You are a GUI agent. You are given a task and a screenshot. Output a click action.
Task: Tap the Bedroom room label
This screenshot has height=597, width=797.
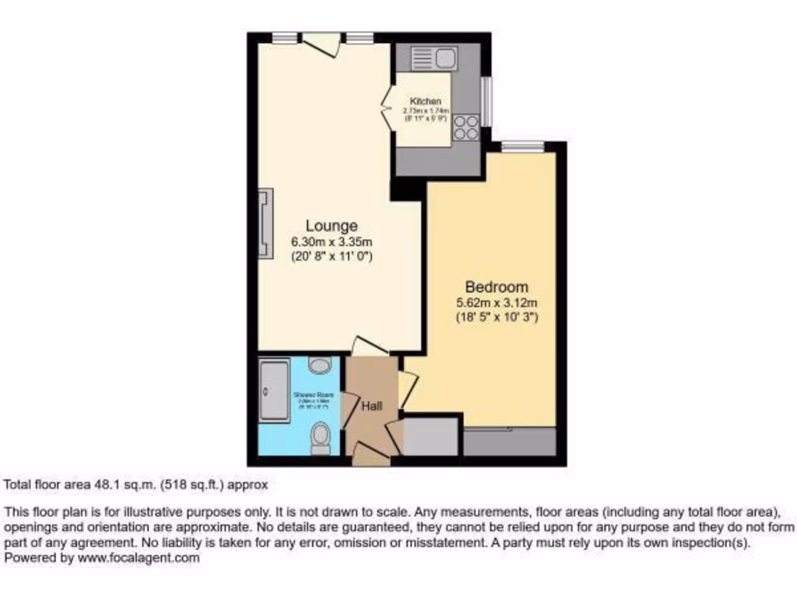pyautogui.click(x=496, y=287)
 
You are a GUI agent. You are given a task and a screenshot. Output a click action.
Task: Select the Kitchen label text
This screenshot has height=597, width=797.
pyautogui.click(x=426, y=102)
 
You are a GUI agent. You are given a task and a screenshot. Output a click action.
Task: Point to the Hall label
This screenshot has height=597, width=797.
pyautogui.click(x=372, y=406)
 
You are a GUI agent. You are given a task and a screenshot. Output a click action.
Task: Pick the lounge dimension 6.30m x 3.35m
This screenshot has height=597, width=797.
pyautogui.click(x=332, y=241)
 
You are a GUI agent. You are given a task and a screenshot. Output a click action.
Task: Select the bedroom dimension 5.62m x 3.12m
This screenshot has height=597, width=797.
pyautogui.click(x=497, y=302)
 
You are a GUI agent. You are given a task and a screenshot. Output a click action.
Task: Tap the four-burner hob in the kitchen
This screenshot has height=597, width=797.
pyautogui.click(x=466, y=127)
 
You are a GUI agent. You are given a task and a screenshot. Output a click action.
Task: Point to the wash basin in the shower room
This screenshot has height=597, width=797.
pyautogui.click(x=318, y=364)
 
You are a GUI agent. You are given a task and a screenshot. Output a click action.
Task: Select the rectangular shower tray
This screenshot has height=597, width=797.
pyautogui.click(x=272, y=396)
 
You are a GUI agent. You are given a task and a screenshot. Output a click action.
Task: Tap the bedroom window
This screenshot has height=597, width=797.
pyautogui.click(x=522, y=145)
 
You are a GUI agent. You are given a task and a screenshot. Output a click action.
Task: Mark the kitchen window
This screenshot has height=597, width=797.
pyautogui.click(x=486, y=101)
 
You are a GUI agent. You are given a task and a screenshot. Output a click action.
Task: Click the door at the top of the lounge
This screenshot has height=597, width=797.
pyautogui.click(x=321, y=43)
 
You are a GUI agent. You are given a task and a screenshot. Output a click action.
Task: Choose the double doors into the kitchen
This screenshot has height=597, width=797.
pyautogui.click(x=386, y=108)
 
